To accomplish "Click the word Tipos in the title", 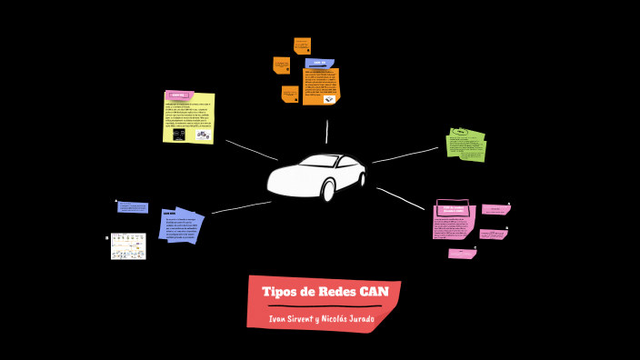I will point(279,292).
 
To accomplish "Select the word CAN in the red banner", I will point(374,292).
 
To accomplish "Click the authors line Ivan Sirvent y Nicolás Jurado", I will point(324,319).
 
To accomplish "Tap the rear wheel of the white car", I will point(328,191).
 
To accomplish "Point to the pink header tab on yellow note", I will point(176,95).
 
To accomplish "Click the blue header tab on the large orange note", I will point(319,63).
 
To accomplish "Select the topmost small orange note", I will point(302,45).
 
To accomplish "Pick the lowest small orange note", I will point(290,94).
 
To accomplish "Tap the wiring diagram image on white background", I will point(128,245).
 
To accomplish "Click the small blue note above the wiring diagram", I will point(133,207).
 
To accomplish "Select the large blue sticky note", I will point(180,225).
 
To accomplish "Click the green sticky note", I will point(466,145).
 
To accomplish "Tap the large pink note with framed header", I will point(454,223).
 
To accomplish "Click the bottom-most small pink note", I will point(462,254).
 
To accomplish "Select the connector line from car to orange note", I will point(326,132).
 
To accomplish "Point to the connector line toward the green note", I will point(405,155).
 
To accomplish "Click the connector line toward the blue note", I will point(241,208).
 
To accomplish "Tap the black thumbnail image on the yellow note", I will point(179,135).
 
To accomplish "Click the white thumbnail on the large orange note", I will point(329,99).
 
